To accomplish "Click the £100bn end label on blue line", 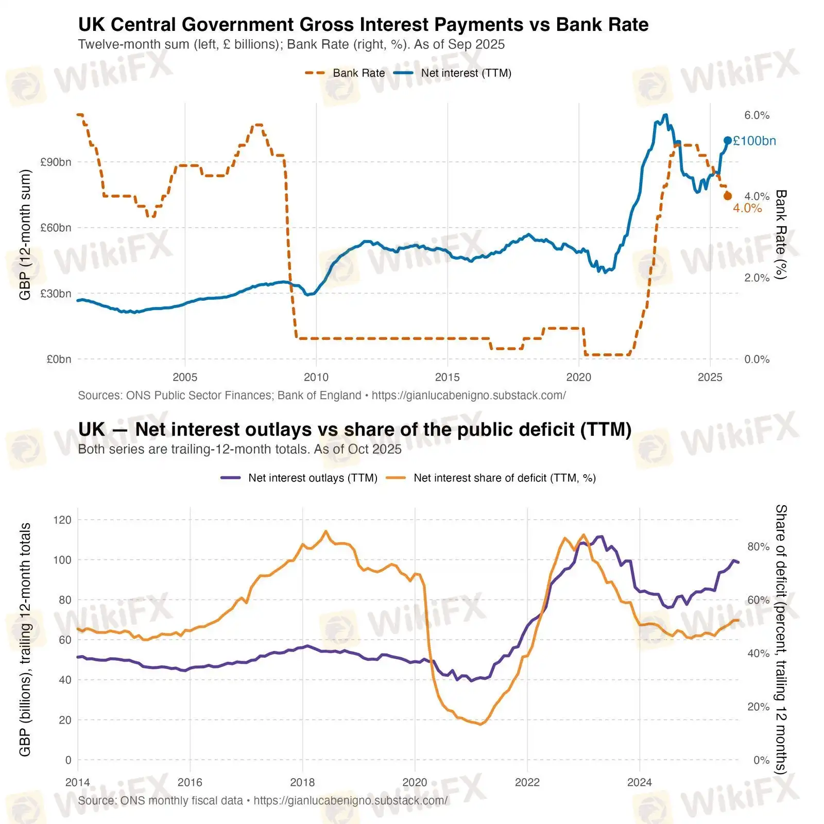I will (754, 141).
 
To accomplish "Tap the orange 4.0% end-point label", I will (747, 208).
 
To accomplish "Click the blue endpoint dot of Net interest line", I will (727, 141).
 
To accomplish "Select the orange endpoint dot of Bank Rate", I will (727, 196).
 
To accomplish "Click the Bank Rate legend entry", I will (345, 73).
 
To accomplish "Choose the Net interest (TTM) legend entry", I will (453, 73).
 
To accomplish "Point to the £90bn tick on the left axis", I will (56, 162).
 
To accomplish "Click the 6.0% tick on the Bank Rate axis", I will (757, 115).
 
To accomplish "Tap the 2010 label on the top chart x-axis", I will (316, 377).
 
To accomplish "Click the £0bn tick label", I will (58, 359).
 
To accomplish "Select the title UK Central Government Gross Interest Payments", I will (363, 25).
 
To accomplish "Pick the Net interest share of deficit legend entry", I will (491, 478).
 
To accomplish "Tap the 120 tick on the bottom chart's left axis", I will (62, 520).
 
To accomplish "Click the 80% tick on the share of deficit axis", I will (758, 546).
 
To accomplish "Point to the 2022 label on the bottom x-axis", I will (527, 782).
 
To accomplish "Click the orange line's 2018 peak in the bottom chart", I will (325, 531).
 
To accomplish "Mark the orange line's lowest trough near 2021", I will (480, 724).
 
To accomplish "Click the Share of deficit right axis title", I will (781, 639).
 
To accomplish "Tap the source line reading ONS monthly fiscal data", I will (263, 801).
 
